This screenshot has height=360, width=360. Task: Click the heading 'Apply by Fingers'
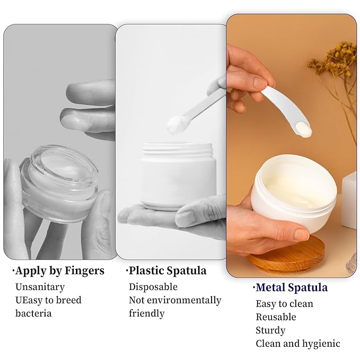[x=59, y=271]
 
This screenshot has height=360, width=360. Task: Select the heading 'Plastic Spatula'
[x=167, y=270]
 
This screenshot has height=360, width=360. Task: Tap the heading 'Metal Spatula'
[x=291, y=287]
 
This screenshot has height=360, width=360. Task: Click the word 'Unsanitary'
[x=40, y=287]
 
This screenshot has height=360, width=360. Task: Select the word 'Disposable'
[x=153, y=287]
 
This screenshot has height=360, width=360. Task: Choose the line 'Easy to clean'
[x=284, y=304]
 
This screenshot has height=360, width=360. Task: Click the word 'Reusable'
[x=276, y=317]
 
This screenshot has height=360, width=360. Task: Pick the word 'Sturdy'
[x=270, y=330]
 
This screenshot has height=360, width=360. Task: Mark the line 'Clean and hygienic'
[x=297, y=344]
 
